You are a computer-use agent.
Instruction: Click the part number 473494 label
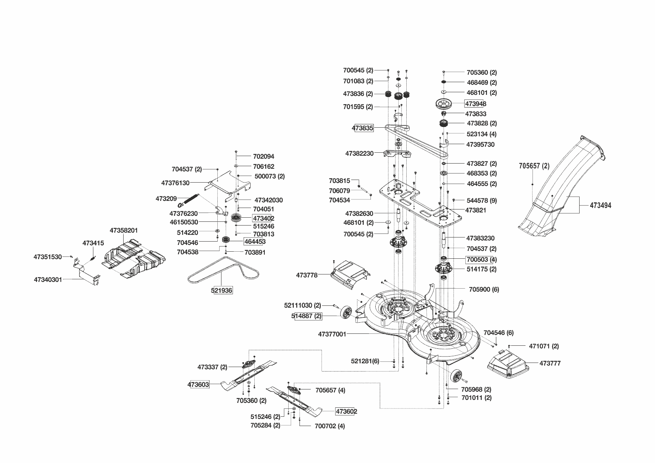tap(600, 205)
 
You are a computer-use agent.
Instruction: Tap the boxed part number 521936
tap(223, 290)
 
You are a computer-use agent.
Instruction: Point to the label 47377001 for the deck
tap(332, 334)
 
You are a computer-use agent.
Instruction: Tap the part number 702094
tap(263, 156)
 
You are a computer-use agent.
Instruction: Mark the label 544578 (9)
tap(482, 201)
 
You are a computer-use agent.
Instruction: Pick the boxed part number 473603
tap(198, 384)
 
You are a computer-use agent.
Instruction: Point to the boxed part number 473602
tap(346, 411)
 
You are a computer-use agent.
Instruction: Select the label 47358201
tap(124, 230)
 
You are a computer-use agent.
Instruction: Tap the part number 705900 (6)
tap(484, 289)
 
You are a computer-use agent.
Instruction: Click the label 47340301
tap(48, 279)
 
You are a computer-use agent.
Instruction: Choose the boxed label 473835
tap(363, 128)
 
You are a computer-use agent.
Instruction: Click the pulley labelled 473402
tap(237, 218)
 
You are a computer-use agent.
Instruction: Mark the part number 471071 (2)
tap(544, 346)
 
